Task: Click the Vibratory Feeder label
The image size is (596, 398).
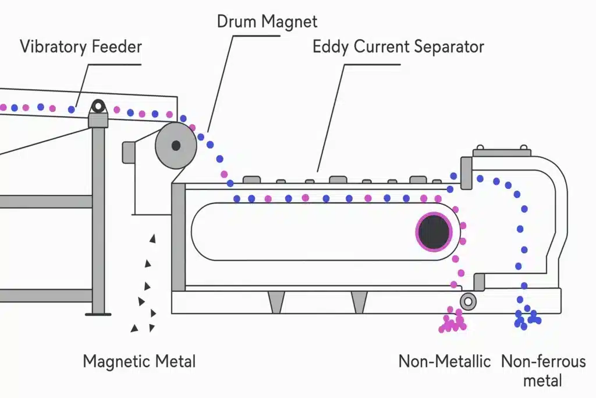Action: (81, 46)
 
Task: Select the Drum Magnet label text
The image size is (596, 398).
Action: (267, 22)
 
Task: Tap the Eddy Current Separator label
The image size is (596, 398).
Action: (398, 47)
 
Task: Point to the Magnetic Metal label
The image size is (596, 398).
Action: (139, 361)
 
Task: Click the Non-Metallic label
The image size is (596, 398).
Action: (445, 361)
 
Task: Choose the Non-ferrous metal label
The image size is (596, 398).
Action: (543, 361)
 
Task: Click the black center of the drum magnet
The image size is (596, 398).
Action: (175, 146)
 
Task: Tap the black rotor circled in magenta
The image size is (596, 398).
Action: (434, 231)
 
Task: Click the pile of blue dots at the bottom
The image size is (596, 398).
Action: (527, 318)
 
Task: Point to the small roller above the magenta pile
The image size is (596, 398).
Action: (467, 301)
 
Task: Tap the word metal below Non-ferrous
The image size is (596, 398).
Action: (543, 381)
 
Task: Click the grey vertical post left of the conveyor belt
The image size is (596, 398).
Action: (178, 239)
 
